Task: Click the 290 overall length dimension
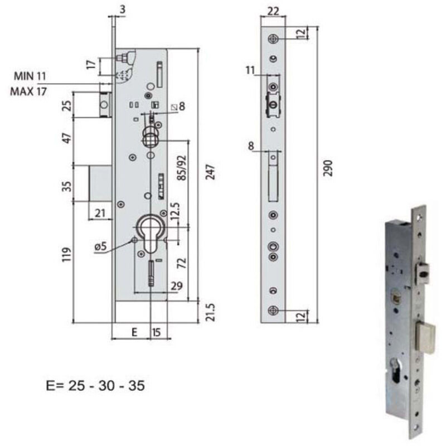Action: click(x=328, y=168)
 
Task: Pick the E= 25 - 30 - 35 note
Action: click(x=96, y=385)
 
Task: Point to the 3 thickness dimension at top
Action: click(x=122, y=8)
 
